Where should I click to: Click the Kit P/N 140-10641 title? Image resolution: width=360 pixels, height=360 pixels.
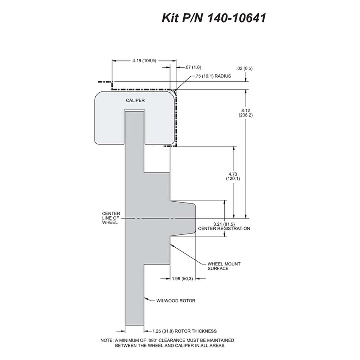214,18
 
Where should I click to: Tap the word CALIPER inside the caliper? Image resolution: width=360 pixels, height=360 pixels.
135,100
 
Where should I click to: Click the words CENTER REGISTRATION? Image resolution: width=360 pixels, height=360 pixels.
224,229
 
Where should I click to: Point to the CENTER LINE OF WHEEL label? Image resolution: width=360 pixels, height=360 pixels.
111,218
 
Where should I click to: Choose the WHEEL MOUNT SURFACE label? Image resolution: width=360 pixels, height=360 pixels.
224,266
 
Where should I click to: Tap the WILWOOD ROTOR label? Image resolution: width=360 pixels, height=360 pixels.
176,301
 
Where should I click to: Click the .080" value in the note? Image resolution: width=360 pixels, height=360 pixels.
152,340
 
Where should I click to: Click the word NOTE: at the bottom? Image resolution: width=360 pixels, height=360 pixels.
107,340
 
